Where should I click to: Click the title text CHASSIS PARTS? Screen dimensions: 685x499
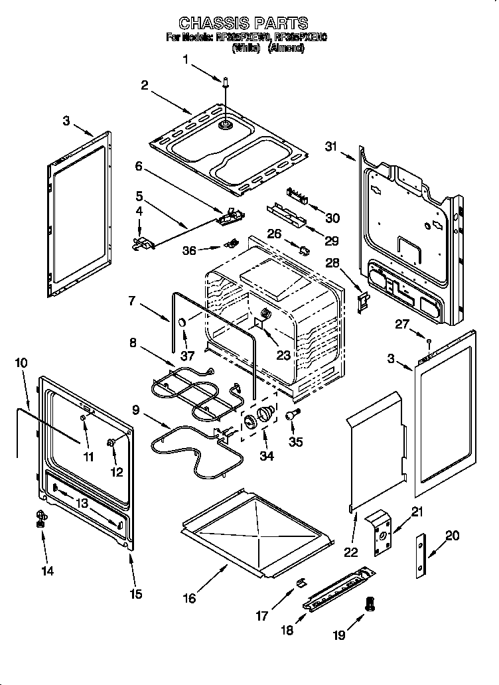243,24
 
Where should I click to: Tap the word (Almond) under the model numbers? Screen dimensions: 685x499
287,48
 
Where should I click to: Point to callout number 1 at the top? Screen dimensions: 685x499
186,60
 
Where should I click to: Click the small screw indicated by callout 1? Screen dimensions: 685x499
226,82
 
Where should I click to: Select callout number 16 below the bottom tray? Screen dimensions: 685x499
190,597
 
